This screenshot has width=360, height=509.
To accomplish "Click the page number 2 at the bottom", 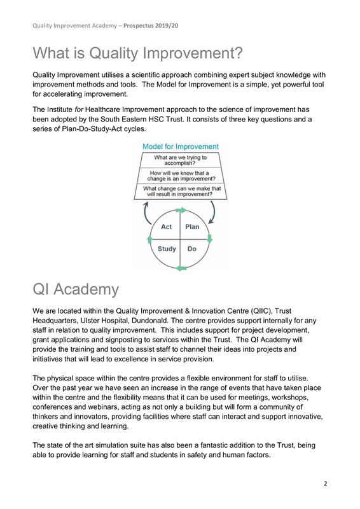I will point(325,484).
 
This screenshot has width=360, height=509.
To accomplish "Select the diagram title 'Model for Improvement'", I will point(180,146).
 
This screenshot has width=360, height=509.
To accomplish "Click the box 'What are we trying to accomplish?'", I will point(180,159).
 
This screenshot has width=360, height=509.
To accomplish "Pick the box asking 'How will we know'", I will point(180,175).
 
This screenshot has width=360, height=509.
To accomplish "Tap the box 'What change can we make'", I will point(180,192).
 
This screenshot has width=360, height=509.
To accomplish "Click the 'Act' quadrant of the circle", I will point(167,227).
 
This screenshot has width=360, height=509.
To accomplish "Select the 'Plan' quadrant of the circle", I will point(192,227).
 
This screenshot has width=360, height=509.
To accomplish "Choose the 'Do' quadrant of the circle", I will point(191,250).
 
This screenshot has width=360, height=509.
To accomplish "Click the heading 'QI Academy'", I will point(75,289).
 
